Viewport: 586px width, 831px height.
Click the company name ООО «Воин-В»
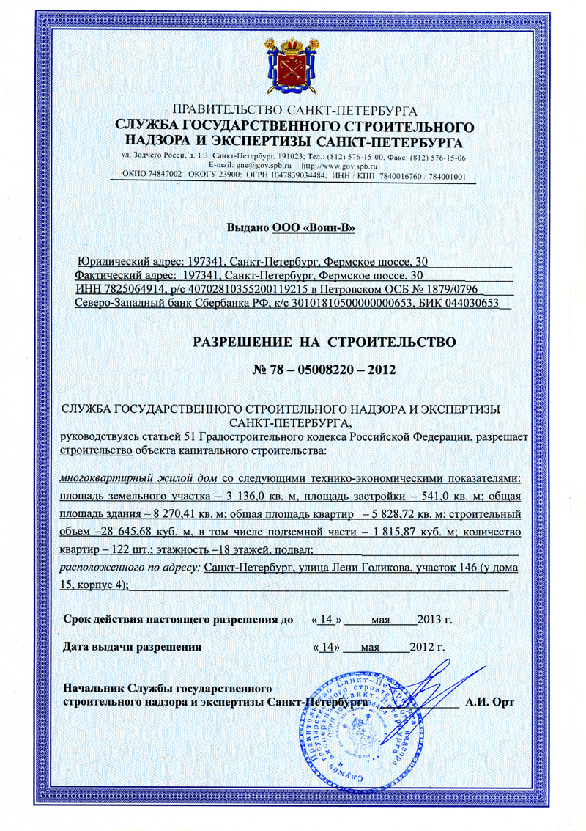pos(314,228)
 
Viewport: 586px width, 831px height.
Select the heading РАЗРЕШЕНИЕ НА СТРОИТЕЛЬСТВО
pos(324,342)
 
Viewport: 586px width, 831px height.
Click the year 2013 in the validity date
pos(431,620)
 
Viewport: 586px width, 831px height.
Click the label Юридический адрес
pos(126,261)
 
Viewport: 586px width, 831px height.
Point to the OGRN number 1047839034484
pos(323,177)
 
